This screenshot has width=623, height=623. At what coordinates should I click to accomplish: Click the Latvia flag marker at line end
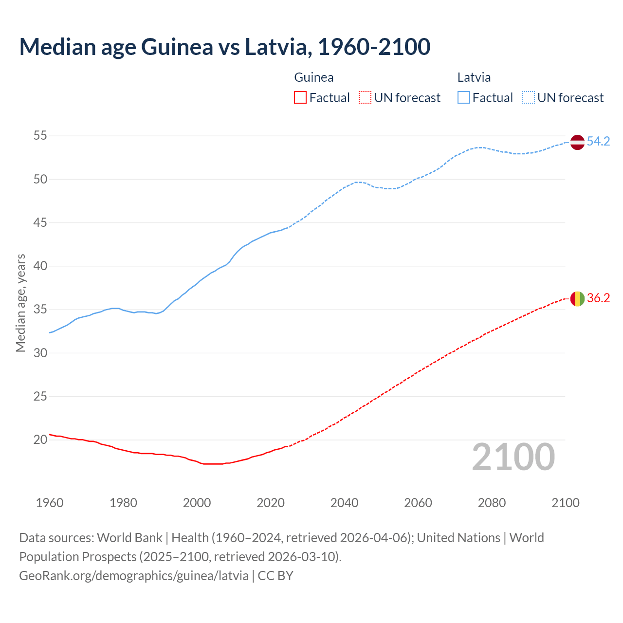[577, 142]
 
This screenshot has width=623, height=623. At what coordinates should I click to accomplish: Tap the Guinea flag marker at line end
[577, 298]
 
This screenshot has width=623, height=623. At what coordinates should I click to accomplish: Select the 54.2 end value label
[598, 142]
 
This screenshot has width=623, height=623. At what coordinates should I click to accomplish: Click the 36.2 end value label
[598, 298]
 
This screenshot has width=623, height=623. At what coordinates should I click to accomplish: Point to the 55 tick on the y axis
[40, 136]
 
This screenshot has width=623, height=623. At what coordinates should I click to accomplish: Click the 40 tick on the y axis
[40, 266]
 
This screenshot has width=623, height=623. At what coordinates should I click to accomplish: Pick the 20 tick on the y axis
[40, 440]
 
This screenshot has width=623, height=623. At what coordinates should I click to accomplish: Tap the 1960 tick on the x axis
[50, 503]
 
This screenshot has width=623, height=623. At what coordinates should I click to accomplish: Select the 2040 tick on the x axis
[344, 503]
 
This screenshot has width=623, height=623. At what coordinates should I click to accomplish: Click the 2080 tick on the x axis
[492, 503]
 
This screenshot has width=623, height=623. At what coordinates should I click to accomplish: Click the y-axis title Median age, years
[20, 303]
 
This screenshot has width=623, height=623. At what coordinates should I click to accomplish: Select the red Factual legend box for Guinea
[300, 98]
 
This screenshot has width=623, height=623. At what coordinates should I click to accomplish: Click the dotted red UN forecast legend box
[365, 98]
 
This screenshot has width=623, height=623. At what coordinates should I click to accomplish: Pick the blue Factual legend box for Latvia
[464, 98]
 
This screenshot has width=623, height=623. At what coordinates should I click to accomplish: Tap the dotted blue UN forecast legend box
[529, 98]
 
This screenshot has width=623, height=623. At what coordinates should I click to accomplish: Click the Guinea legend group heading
[314, 78]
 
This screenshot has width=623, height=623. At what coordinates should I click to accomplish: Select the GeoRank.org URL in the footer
[134, 576]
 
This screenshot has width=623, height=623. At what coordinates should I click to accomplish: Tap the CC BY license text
[275, 576]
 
